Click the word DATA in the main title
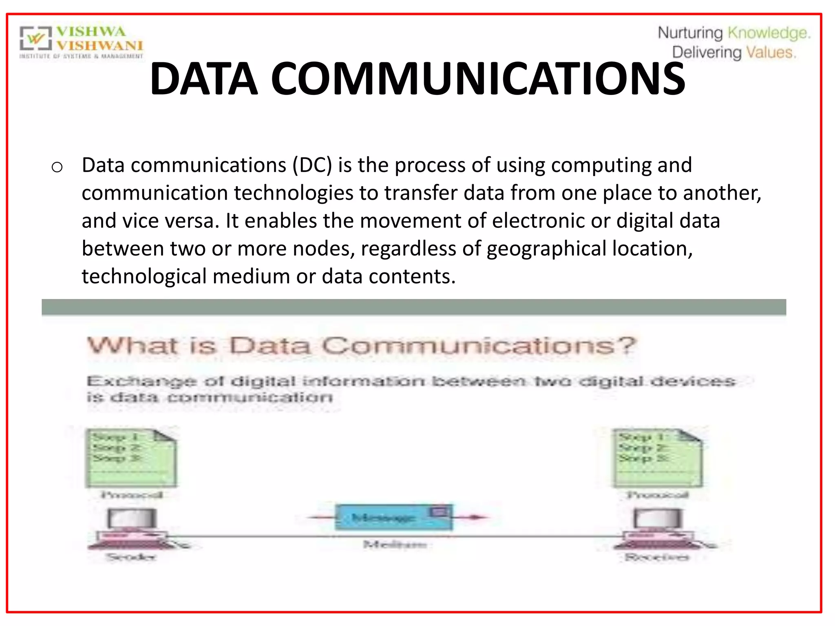point(204,79)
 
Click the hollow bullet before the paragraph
point(57,167)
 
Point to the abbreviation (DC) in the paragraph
point(312,165)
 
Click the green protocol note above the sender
point(130,458)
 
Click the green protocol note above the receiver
point(657,458)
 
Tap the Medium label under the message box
point(395,544)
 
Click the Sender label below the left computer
point(131,557)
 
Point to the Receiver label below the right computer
point(657,557)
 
